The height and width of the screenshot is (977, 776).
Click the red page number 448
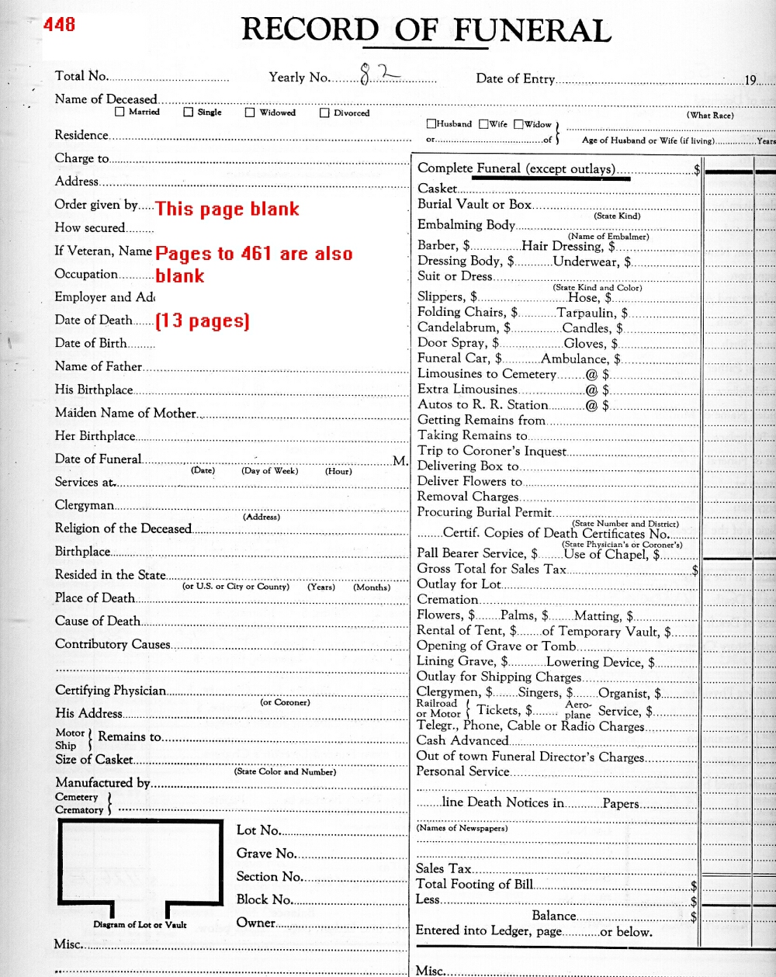59,25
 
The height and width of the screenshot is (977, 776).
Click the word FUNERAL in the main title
532,30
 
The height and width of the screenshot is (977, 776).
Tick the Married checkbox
120,112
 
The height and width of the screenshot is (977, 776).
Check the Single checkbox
189,112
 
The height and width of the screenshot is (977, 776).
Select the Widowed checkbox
250,113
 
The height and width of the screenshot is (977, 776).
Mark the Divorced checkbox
325,113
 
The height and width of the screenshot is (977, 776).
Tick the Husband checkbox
431,123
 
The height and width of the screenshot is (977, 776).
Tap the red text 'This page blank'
227,209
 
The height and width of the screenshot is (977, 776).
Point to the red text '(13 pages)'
203,320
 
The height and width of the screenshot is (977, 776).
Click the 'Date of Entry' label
515,78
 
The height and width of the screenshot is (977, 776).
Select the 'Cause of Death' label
98,621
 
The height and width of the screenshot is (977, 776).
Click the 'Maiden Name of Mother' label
125,413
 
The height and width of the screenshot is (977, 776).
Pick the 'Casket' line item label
438,189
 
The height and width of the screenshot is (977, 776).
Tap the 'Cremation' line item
447,599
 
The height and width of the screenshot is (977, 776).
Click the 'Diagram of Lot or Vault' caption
140,924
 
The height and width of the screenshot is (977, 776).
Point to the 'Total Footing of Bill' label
474,884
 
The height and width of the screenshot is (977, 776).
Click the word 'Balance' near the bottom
554,916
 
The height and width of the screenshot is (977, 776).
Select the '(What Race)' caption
710,115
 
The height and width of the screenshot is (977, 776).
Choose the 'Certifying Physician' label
110,691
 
